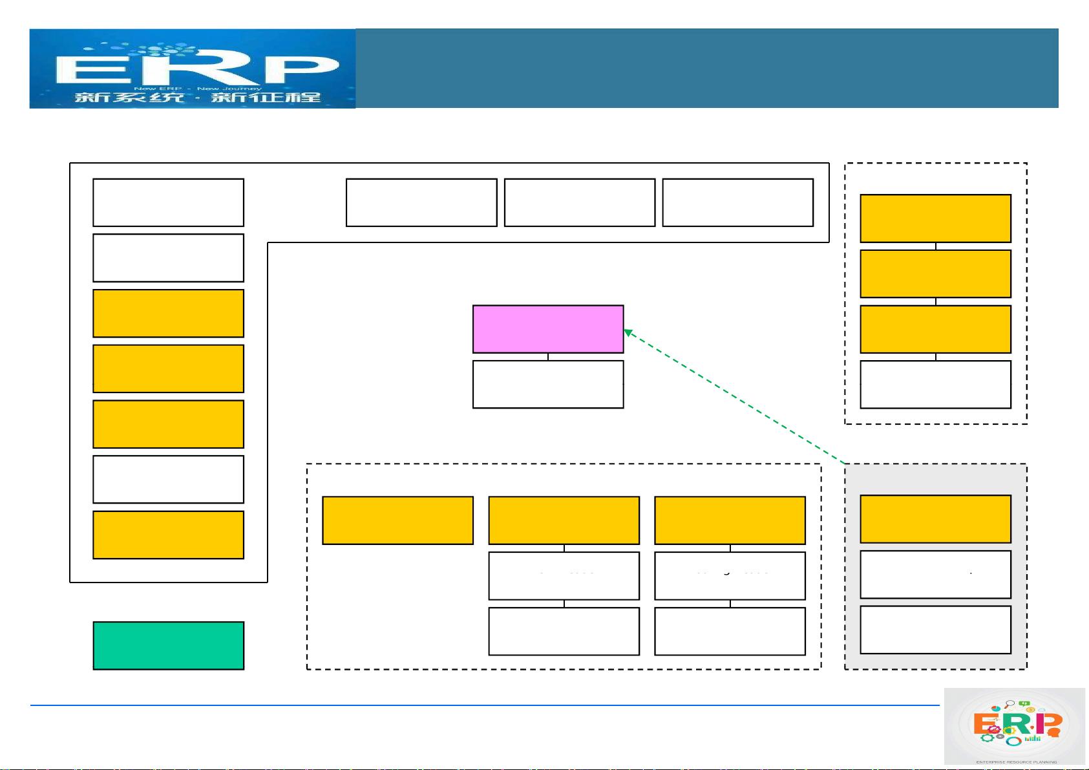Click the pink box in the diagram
(548, 329)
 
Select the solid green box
(168, 645)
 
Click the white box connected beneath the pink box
(548, 385)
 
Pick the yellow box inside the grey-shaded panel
(935, 519)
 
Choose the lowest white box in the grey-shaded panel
(935, 630)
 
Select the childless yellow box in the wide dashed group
(397, 520)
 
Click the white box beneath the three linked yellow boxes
(935, 385)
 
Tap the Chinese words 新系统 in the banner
(129, 98)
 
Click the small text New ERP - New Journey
(197, 88)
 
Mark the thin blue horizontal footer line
(485, 705)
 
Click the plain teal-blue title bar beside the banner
(706, 68)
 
